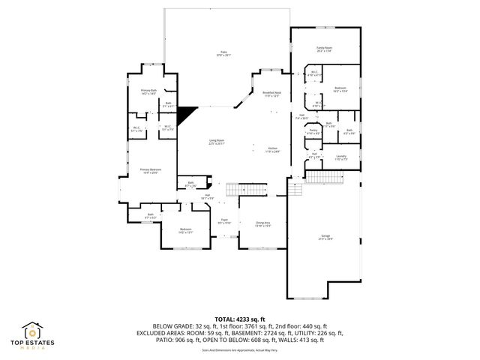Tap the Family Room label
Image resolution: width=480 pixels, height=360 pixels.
pos(323,49)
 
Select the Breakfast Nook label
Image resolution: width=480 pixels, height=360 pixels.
pos(271,94)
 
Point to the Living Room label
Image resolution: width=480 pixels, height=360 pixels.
pos(217,142)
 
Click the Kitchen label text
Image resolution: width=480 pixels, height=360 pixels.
pos(272,150)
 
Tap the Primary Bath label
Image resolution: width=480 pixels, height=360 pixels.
pos(148,91)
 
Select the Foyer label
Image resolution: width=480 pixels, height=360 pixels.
pos(223,221)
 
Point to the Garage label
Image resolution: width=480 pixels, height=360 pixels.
pos(325,238)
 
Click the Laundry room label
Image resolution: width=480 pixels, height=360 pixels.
pos(341,158)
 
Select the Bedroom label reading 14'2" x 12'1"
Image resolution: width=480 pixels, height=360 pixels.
pos(185,231)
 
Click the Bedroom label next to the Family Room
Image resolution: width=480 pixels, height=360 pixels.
pos(340,89)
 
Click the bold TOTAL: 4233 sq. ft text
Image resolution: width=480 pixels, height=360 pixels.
pos(239,319)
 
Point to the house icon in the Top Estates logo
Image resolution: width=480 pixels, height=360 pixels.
pos(34,330)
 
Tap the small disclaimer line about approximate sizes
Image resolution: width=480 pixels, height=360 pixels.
pos(239,349)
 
